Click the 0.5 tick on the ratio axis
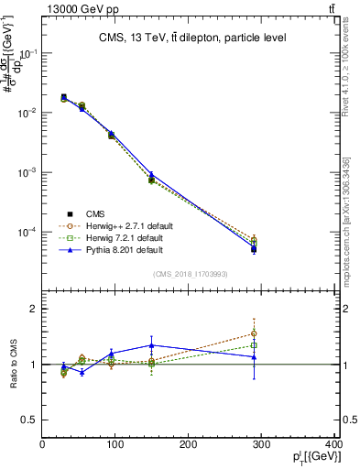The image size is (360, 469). tap(29, 420)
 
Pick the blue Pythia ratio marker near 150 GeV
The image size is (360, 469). tap(152, 345)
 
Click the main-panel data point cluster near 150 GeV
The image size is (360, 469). tap(152, 178)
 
